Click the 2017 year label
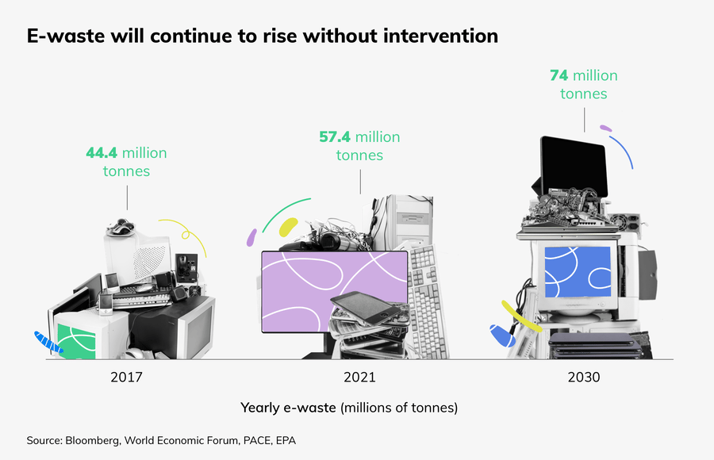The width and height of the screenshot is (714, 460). pos(127,377)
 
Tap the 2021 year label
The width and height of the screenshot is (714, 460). pos(360,377)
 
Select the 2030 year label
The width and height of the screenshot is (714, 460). pos(583,377)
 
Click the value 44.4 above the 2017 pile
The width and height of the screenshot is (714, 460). pos(102,152)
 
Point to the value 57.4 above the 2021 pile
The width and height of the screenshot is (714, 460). pos(335,137)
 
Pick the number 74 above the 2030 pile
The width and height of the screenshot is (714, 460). pos(559,76)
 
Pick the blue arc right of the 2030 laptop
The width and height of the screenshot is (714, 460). pos(623,151)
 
